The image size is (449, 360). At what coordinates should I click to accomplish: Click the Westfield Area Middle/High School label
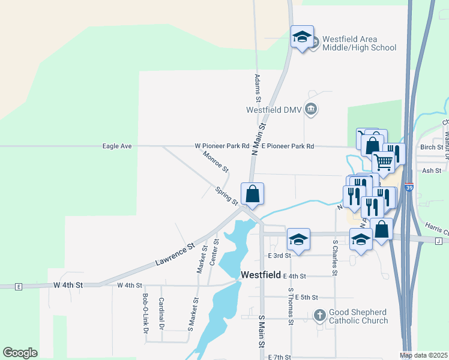pyautogui.click(x=359, y=44)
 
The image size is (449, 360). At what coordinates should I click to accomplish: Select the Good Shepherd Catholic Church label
pyautogui.click(x=358, y=316)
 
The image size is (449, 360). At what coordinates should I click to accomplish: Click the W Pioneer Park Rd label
pyautogui.click(x=222, y=146)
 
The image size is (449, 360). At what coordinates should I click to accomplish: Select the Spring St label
pyautogui.click(x=227, y=195)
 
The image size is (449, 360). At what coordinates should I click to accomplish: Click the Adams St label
pyautogui.click(x=258, y=86)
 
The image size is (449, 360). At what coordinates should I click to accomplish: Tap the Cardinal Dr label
pyautogui.click(x=161, y=314)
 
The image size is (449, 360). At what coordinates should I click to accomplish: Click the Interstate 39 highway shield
pyautogui.click(x=409, y=188)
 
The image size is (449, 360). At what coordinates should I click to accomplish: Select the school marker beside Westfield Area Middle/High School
pyautogui.click(x=302, y=37)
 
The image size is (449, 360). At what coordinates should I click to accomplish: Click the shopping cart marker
pyautogui.click(x=384, y=160)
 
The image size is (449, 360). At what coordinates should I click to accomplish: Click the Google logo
pyautogui.click(x=20, y=353)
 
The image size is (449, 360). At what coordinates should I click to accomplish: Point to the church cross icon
pyautogui.click(x=320, y=315)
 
